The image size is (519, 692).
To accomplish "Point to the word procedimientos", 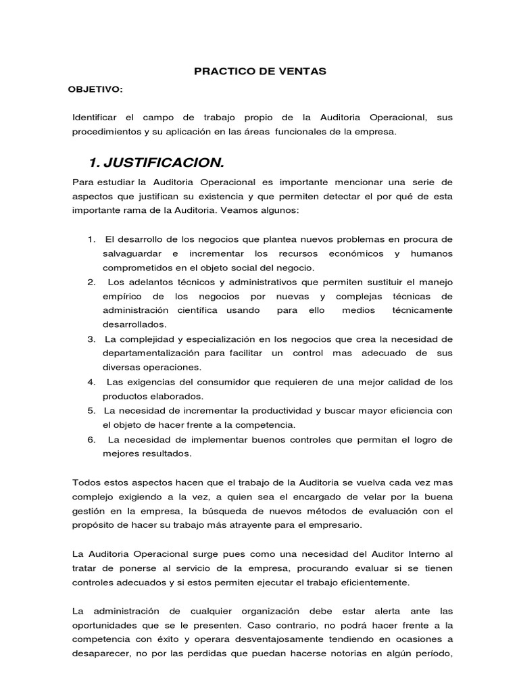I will (105, 132).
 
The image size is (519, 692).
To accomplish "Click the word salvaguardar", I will (133, 253).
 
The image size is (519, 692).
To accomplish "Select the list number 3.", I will (91, 339).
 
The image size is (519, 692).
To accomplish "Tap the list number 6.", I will (91, 439).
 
